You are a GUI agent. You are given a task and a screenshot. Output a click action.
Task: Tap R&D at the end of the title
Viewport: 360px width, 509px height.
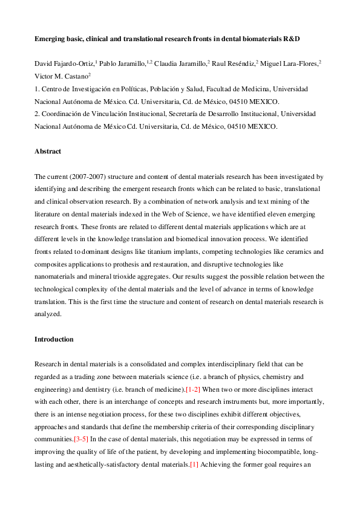[292, 37]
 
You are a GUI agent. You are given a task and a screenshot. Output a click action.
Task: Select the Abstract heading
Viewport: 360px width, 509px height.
[48, 152]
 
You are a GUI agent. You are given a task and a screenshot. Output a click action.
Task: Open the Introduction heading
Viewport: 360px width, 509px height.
[54, 339]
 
